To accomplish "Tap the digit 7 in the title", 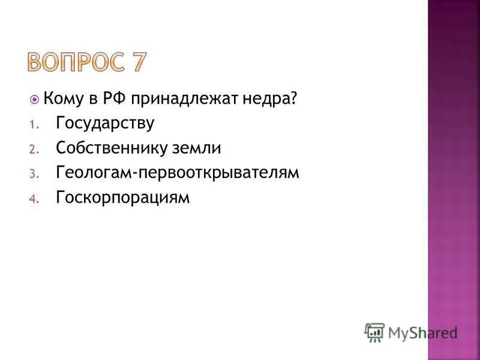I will coord(136,62).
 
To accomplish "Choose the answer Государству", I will coord(105,124).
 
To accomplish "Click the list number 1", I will coord(33,125).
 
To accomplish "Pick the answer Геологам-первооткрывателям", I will coord(177,173).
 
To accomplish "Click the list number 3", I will coord(33,174).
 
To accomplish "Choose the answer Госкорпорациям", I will coord(122,197).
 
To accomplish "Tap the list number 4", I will coord(33,199).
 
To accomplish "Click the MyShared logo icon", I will coord(374,331).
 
